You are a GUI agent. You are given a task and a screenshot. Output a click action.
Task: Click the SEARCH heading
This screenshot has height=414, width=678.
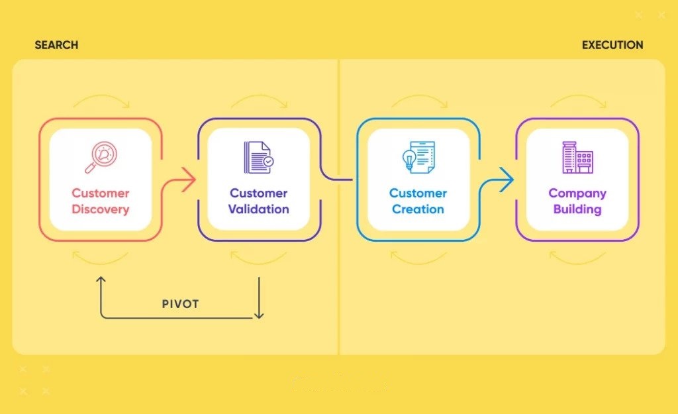click(56, 45)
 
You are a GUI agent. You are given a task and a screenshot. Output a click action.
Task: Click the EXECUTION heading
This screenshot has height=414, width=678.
click(612, 45)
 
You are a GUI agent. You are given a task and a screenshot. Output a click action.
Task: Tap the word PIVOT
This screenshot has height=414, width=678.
click(180, 304)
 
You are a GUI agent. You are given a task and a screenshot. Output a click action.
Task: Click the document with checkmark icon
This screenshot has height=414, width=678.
click(259, 158)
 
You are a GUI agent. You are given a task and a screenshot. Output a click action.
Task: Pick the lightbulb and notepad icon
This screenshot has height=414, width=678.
click(418, 158)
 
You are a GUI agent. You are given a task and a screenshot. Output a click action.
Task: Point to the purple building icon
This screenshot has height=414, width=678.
click(577, 158)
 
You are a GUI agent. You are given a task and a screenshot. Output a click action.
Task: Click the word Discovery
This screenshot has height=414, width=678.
click(101, 209)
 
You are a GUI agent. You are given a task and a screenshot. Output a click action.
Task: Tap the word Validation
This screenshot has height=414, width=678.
click(259, 209)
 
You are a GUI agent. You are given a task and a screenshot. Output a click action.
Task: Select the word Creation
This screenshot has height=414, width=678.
click(418, 209)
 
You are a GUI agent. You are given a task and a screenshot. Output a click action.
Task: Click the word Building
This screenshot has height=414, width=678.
click(577, 209)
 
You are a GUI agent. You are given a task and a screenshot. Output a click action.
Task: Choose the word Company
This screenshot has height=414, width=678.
click(577, 193)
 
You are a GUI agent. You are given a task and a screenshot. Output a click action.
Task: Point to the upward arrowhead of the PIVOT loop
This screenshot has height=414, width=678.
click(101, 280)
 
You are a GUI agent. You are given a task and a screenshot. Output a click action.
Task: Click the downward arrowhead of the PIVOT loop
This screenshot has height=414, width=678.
click(259, 315)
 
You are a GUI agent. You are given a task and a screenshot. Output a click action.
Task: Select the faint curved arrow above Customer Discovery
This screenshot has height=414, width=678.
click(101, 96)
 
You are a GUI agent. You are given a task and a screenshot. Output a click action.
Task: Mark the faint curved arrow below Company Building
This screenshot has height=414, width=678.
click(577, 262)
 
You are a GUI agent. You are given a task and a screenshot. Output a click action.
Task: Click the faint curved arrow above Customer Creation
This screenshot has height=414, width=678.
click(418, 96)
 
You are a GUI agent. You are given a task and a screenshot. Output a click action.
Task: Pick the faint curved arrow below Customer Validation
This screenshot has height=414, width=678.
click(259, 262)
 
